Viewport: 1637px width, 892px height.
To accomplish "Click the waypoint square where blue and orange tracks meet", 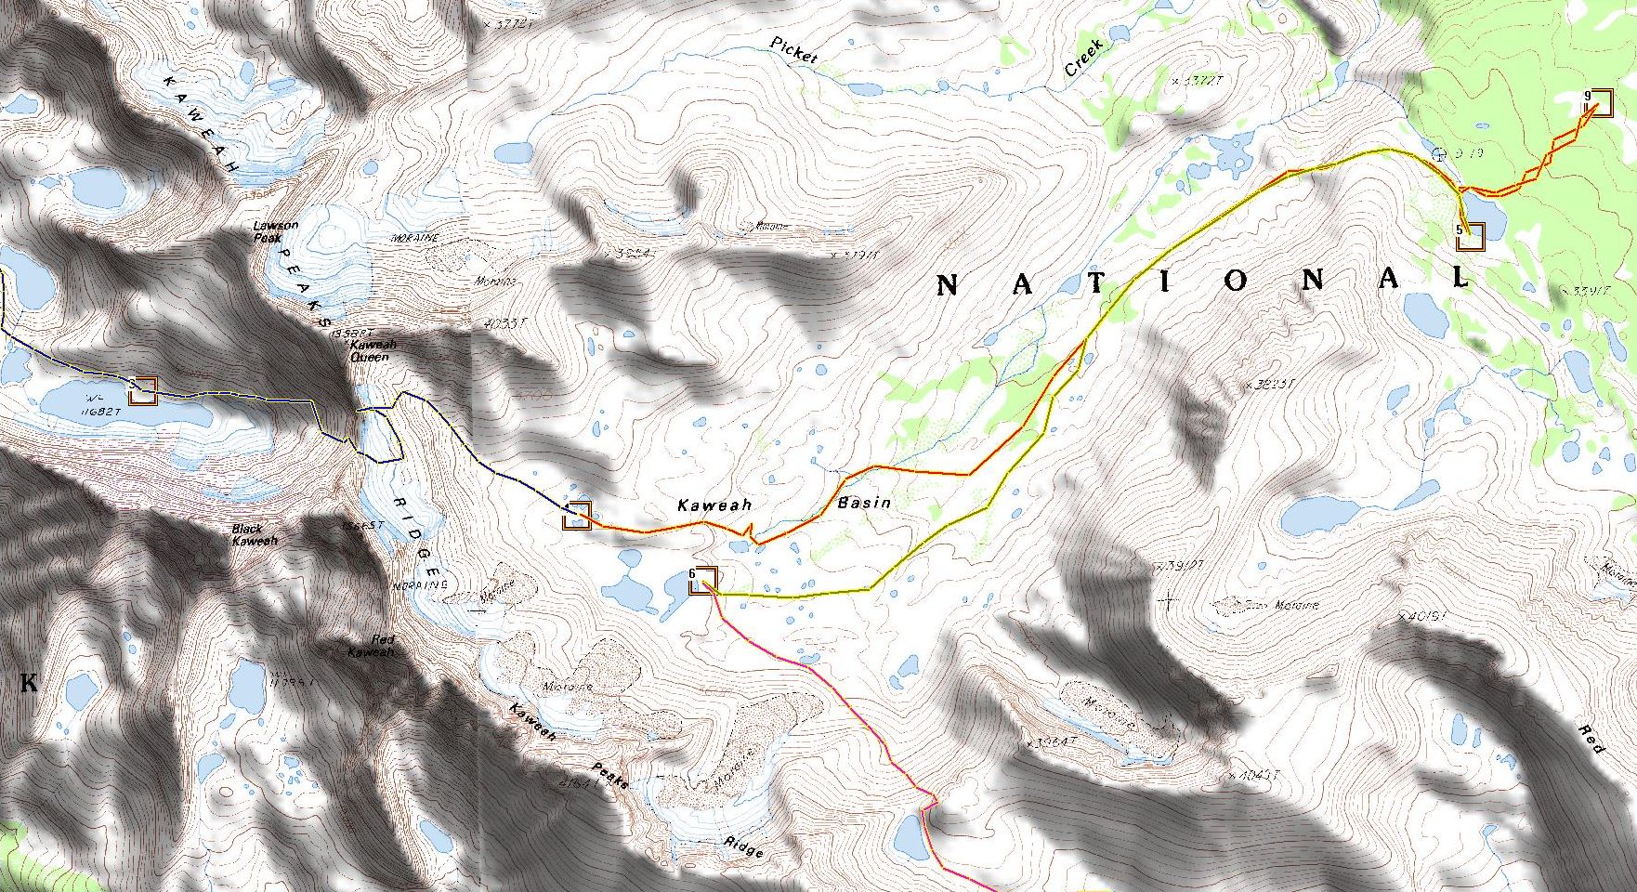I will [577, 515].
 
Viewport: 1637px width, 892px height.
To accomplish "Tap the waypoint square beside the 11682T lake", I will [143, 391].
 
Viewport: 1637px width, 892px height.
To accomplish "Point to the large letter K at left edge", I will [29, 684].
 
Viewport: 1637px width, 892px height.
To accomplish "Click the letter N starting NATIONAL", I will [946, 285].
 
